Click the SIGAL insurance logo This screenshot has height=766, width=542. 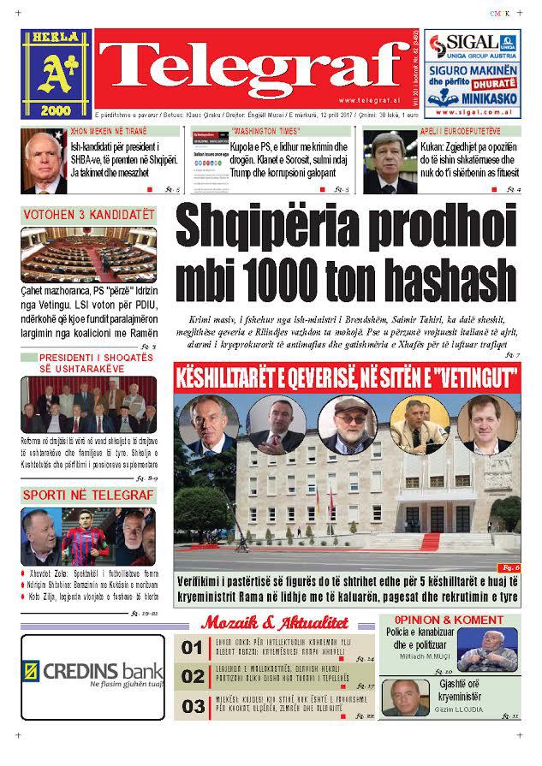pos(472,45)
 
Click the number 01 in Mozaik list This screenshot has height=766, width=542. pos(193,647)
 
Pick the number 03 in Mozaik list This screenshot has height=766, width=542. pos(193,706)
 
